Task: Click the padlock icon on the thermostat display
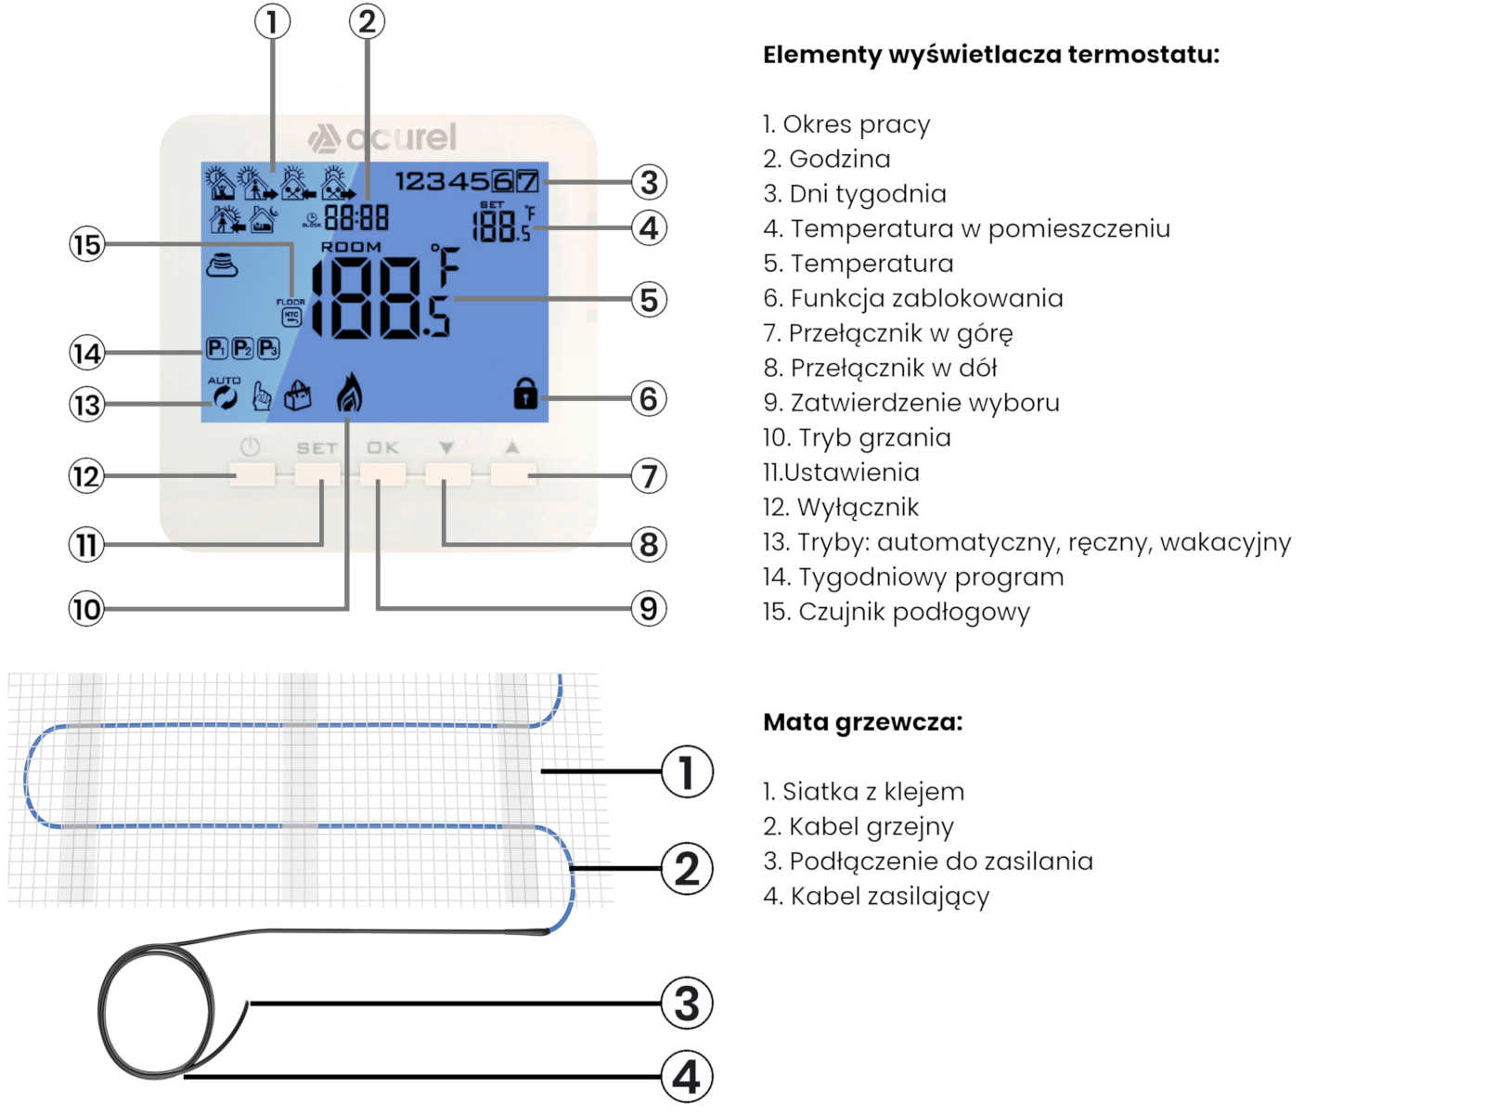coord(525,393)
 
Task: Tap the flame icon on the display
coord(349,393)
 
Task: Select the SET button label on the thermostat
coord(316,448)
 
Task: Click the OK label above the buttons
coord(382,448)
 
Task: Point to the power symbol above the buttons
coord(251,447)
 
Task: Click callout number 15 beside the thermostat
coord(87,245)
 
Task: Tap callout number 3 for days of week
coord(649,182)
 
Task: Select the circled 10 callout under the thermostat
coord(87,609)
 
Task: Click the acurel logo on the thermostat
coord(382,137)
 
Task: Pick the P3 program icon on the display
coord(268,349)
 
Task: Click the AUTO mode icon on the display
coord(224,396)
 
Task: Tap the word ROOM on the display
coord(351,247)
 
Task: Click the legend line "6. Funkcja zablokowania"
coord(912,298)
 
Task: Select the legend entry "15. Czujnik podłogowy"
coord(896,612)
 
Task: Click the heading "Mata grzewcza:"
coord(862,721)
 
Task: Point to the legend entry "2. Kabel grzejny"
coord(858,826)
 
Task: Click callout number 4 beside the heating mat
coord(686,1077)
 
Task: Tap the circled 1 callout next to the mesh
coord(686,771)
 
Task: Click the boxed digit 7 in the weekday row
coord(527,181)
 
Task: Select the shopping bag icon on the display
coord(298,396)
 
